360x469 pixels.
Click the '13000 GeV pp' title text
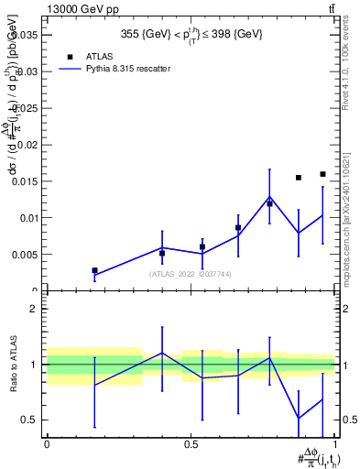[77, 8]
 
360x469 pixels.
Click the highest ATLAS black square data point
[322, 174]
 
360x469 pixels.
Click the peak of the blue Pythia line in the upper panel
[269, 198]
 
